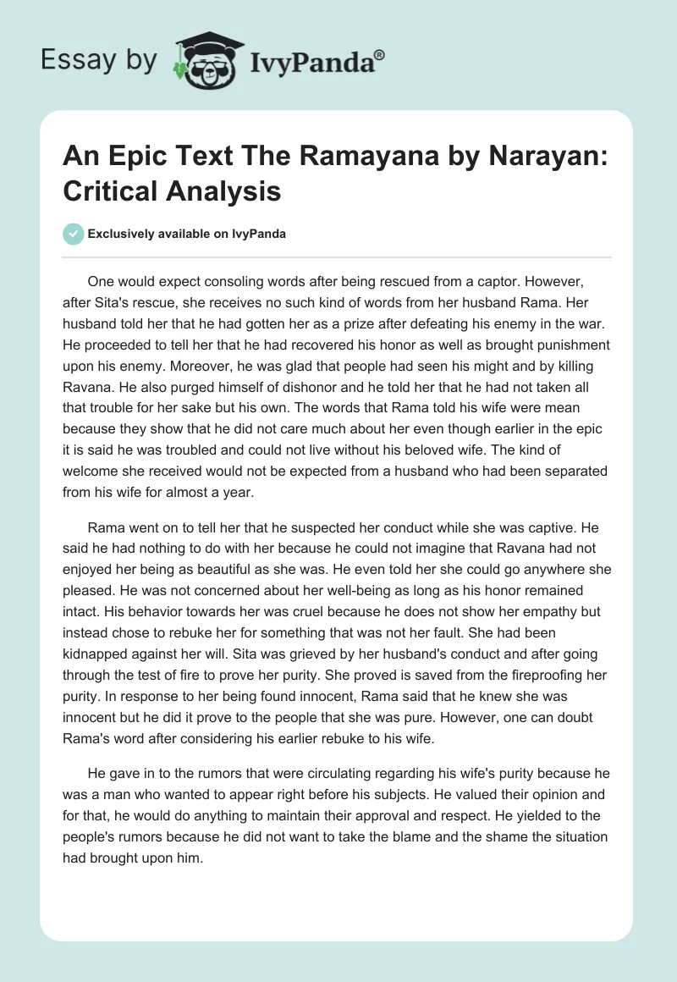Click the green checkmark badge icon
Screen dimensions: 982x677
74,234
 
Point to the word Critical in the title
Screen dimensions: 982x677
107,190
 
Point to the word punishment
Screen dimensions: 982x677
571,346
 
